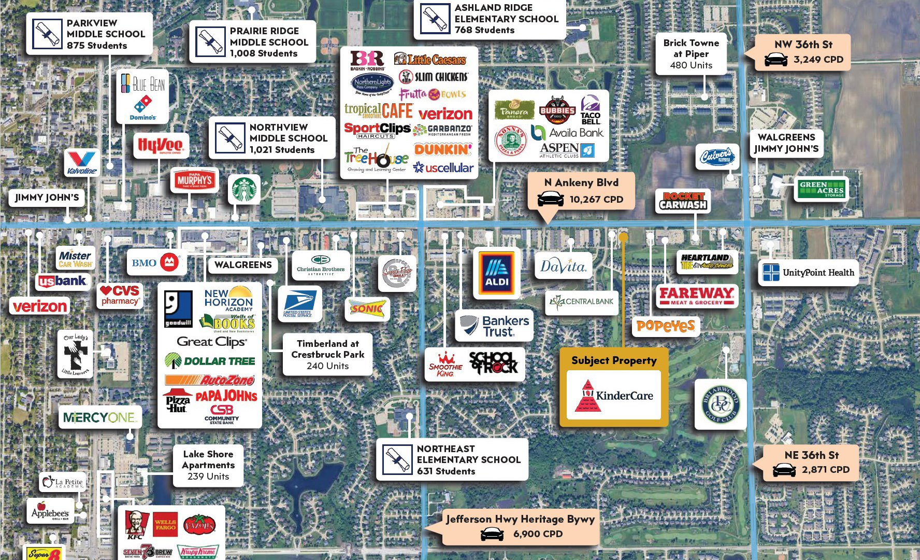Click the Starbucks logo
click(245, 189)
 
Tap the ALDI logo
click(496, 273)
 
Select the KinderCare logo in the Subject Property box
click(614, 396)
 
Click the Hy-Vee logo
click(160, 146)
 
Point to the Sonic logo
click(367, 309)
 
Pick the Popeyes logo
click(666, 326)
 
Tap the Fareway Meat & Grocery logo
click(696, 296)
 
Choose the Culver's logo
click(717, 157)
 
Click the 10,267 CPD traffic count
click(596, 199)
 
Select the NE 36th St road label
click(811, 455)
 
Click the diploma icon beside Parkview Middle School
click(47, 34)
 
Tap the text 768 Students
click(484, 30)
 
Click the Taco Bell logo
click(591, 110)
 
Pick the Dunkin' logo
click(443, 150)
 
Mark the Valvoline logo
click(82, 163)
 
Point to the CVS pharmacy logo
click(120, 295)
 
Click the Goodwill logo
click(178, 309)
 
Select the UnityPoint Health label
click(808, 273)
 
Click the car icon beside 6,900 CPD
click(492, 534)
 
